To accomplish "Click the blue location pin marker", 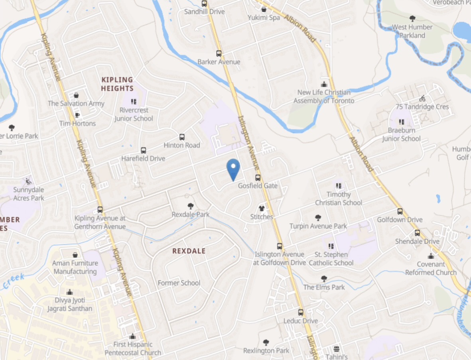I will pos(233,169).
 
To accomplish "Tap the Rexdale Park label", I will pos(191,214).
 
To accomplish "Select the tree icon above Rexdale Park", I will pos(191,206).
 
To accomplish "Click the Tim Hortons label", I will pos(78,124).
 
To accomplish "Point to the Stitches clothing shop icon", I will pos(262,208).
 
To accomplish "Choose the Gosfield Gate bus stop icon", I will pos(258,178).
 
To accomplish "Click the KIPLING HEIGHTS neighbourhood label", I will pos(117,84).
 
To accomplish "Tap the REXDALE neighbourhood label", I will pos(189,251).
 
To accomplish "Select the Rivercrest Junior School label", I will pos(134,114).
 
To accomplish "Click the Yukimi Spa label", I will pos(263,18).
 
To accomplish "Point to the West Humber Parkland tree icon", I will pos(412,18).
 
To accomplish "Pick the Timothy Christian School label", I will pos(339,199).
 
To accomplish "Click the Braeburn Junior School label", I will pos(401,134).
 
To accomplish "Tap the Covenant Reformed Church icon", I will pos(431,256).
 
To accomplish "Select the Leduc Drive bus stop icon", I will pos(301,313).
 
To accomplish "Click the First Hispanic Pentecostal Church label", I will pos(133,348).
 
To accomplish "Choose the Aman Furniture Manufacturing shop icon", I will pos(75,255).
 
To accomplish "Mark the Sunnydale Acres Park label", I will pos(29,194).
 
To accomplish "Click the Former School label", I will pos(179,283).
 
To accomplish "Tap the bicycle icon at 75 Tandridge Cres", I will pos(422,98).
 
